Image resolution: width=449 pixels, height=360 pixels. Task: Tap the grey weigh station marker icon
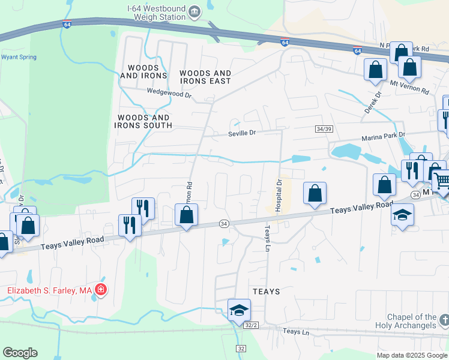[194, 11]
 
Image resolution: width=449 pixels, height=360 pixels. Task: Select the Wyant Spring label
[19, 57]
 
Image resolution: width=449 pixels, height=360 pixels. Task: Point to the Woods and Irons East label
[205, 77]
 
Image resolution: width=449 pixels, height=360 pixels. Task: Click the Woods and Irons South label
[145, 121]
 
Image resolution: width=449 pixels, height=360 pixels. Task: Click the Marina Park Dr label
[384, 137]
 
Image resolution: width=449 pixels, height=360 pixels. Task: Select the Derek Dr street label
[373, 103]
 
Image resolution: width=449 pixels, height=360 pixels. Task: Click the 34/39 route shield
[323, 129]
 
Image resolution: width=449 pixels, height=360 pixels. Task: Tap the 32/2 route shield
[251, 325]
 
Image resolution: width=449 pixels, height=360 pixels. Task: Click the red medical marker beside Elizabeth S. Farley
[101, 290]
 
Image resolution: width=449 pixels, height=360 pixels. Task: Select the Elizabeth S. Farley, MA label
[49, 291]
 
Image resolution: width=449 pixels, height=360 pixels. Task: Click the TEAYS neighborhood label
[266, 291]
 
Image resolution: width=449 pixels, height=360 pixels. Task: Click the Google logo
[20, 353]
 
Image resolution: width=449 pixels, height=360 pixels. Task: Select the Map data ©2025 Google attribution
[411, 355]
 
